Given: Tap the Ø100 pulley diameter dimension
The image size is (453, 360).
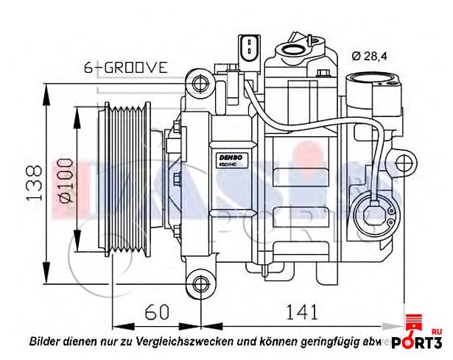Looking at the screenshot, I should (x=66, y=180).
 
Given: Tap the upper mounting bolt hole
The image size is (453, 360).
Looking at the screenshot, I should (x=198, y=82).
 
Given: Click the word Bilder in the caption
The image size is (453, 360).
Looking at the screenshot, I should (x=46, y=342).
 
